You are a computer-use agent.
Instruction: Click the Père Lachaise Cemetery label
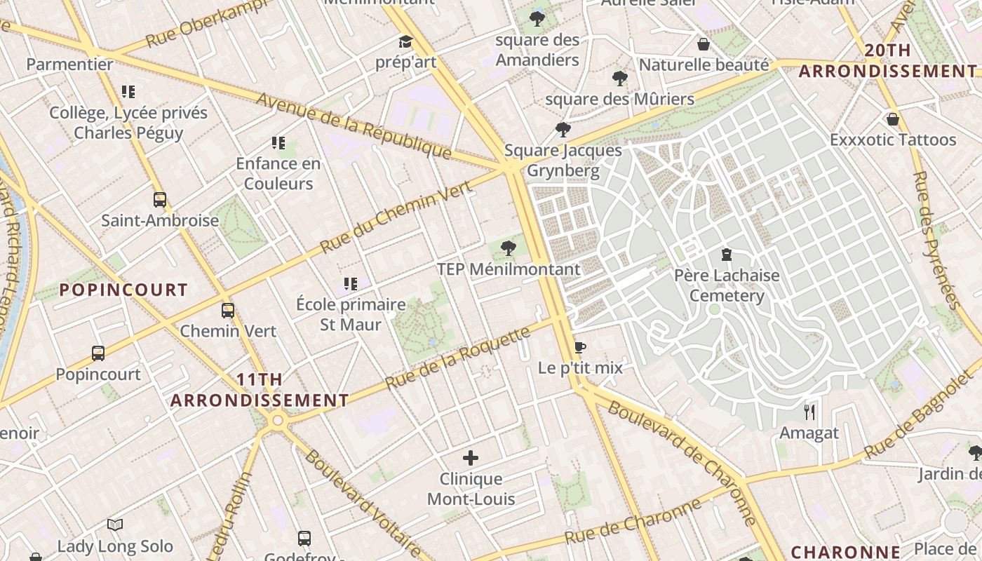pos(726,285)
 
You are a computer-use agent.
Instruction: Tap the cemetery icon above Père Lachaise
pos(726,255)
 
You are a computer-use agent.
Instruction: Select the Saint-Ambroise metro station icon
pos(160,200)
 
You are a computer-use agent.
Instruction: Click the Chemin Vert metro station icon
pos(228,311)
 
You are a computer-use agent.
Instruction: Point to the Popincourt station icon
pos(98,353)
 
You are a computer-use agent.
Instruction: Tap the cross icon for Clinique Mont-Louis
pos(471,459)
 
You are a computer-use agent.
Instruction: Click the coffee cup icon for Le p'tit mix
pos(579,347)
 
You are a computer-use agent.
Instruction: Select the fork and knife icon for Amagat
pos(809,412)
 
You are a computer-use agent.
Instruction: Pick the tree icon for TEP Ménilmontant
pos(509,248)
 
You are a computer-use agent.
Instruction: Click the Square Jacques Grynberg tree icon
pos(563,130)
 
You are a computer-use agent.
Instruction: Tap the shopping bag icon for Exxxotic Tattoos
pos(893,119)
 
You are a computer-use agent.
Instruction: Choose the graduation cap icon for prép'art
pos(405,41)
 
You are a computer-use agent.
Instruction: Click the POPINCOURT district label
pos(123,290)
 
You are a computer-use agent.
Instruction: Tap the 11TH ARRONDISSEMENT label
pos(260,391)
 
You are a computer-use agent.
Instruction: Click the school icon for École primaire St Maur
pos(350,284)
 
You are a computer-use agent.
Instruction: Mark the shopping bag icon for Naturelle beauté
pos(704,45)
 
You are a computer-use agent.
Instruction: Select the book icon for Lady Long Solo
pos(115,525)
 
